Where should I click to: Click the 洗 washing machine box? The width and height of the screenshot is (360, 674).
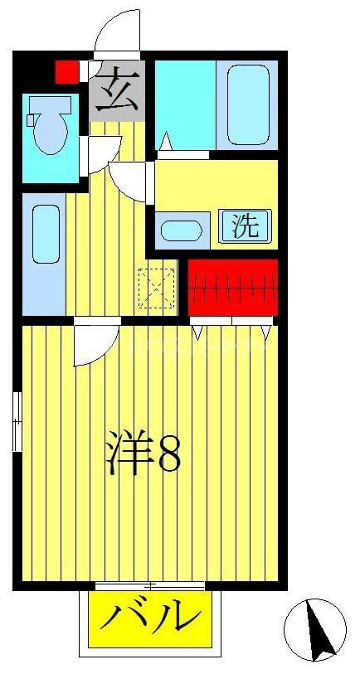tap(245, 225)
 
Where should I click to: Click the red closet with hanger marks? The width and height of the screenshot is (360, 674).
tap(233, 287)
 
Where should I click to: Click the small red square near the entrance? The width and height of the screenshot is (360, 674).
tap(66, 71)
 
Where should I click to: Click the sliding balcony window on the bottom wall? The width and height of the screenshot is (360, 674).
tap(149, 586)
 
